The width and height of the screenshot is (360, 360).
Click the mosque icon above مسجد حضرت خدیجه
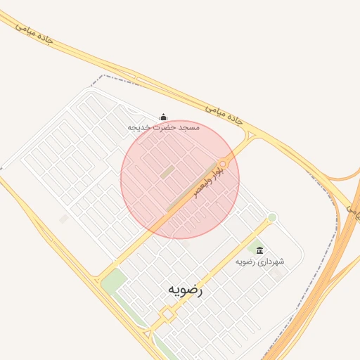pos(164,117)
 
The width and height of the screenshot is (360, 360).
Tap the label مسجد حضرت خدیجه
pos(164,127)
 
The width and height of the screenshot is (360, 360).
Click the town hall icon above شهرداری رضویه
pos(259,250)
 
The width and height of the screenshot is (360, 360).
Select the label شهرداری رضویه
pos(259,262)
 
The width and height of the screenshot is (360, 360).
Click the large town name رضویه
pos(185,289)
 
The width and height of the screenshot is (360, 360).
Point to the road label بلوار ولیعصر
pos(210,181)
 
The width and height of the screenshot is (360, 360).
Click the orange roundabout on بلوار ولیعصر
pos(223,164)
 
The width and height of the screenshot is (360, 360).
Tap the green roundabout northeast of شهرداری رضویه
pos(271,217)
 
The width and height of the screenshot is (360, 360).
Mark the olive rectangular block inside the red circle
pos(167,171)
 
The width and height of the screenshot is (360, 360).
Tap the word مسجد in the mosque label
pos(189,127)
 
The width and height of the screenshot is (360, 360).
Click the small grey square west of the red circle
pos(63,219)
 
